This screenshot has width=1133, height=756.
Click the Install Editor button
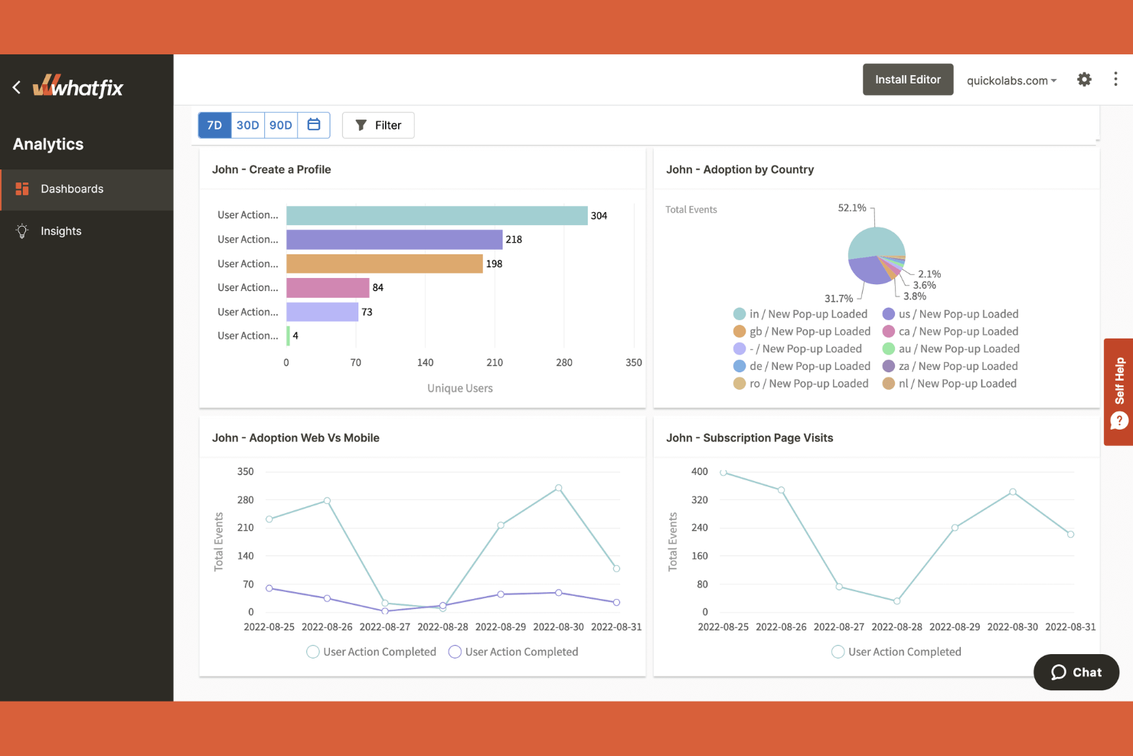(908, 80)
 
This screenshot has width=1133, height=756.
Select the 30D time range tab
(247, 125)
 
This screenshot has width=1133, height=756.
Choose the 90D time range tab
(281, 125)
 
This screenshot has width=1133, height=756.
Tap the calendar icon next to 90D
(314, 125)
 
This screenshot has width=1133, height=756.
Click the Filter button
(378, 125)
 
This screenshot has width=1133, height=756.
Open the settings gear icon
(1084, 80)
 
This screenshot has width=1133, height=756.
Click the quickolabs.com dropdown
(1011, 80)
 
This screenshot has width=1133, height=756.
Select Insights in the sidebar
(60, 231)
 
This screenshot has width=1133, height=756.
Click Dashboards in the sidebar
(71, 189)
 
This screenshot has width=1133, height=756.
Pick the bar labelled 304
(436, 215)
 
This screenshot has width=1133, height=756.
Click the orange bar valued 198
(384, 263)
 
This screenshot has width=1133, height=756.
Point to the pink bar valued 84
(328, 287)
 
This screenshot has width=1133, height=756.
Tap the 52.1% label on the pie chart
(852, 208)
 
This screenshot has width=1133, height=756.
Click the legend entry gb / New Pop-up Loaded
(802, 332)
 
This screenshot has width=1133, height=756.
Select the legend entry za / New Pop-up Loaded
(950, 366)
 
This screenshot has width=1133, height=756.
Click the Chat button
(1076, 672)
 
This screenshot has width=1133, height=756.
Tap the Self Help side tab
(1118, 391)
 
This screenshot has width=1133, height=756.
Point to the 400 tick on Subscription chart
(700, 472)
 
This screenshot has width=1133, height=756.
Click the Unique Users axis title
(460, 388)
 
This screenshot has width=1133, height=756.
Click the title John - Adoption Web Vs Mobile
(295, 438)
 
